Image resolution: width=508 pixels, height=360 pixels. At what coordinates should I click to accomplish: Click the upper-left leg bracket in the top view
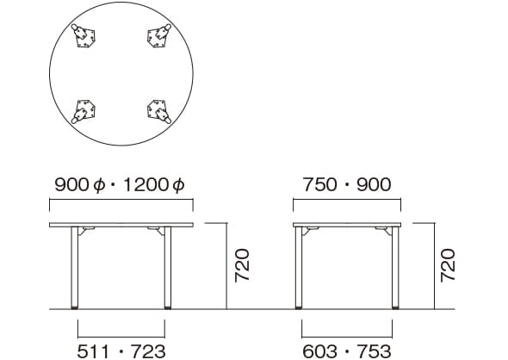[x=84, y=35]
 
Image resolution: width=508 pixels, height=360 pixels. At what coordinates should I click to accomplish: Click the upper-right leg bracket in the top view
[x=159, y=35]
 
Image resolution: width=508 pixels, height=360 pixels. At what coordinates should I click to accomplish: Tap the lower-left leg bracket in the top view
[x=84, y=111]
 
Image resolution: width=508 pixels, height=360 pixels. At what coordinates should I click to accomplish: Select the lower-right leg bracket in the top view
[x=159, y=111]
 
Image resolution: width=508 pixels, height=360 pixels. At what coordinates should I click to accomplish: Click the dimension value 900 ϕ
[x=80, y=185]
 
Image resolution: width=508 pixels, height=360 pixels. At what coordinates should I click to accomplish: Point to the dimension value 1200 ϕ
[x=154, y=185]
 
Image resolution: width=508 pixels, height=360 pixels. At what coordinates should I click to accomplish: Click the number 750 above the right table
[x=319, y=184]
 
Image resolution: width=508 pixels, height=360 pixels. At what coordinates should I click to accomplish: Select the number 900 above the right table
[x=374, y=184]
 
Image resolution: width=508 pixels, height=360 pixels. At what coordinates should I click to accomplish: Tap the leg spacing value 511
[x=93, y=351]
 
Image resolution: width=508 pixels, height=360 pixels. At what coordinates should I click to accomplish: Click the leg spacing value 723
[x=148, y=351]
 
